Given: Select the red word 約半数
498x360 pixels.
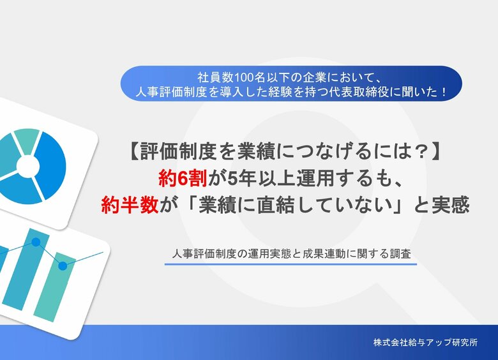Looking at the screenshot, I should pos(129,205).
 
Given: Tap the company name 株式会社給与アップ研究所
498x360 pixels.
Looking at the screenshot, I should pos(425,342).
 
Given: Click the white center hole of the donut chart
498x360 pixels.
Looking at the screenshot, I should pos(28,166).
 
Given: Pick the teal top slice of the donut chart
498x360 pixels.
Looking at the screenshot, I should pos(27,139).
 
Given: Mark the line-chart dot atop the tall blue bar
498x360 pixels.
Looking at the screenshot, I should pos(36,243).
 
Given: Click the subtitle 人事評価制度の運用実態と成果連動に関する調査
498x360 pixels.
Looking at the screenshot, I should pos(290,253).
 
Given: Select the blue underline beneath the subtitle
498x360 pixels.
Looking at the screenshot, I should pos(290,263).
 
